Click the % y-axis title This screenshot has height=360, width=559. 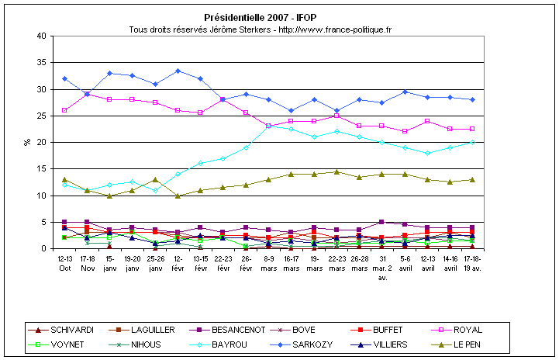pos(26,143)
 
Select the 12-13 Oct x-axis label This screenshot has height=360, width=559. pos(65,261)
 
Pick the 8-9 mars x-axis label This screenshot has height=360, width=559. pos(269,261)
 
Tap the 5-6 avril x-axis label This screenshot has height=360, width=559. pos(404,261)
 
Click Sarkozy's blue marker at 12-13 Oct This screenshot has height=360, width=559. pos(64,78)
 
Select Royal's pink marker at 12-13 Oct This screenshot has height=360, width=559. pos(64,110)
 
